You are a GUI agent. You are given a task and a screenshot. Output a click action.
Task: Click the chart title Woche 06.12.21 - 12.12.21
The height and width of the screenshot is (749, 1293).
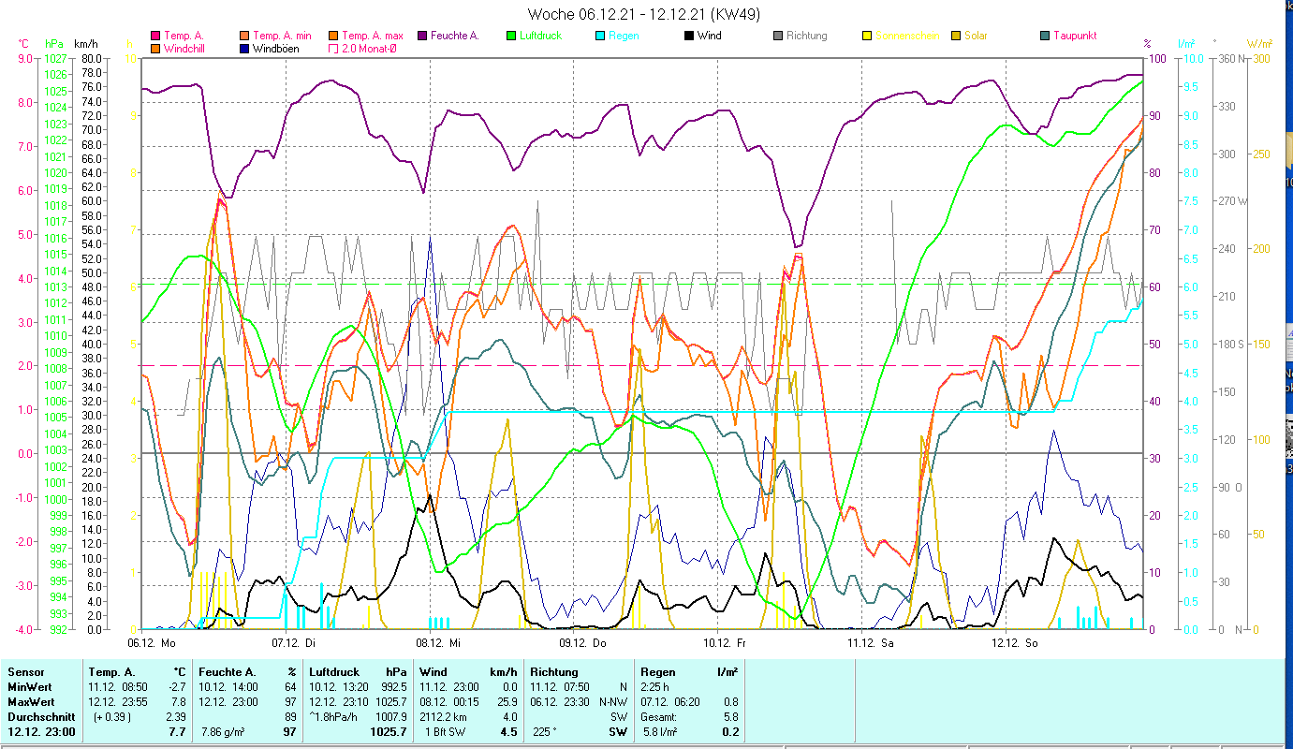point(644,14)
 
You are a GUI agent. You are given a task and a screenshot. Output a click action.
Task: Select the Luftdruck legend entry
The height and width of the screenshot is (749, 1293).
point(538,36)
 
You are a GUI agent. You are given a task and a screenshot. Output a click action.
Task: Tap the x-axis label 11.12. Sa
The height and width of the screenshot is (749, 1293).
point(871,642)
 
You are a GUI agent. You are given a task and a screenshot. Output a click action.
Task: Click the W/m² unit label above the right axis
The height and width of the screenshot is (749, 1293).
point(1258,43)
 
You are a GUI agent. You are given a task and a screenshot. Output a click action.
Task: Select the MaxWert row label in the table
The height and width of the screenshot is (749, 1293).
point(30,701)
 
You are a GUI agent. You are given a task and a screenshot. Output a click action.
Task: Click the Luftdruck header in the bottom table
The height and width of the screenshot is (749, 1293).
point(333,671)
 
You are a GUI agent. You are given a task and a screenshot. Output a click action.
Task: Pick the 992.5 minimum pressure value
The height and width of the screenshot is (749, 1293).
point(390,686)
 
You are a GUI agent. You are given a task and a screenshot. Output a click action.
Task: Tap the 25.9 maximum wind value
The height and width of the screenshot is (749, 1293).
point(506,701)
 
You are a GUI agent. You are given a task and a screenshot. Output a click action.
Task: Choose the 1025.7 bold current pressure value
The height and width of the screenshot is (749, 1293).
point(387,732)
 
